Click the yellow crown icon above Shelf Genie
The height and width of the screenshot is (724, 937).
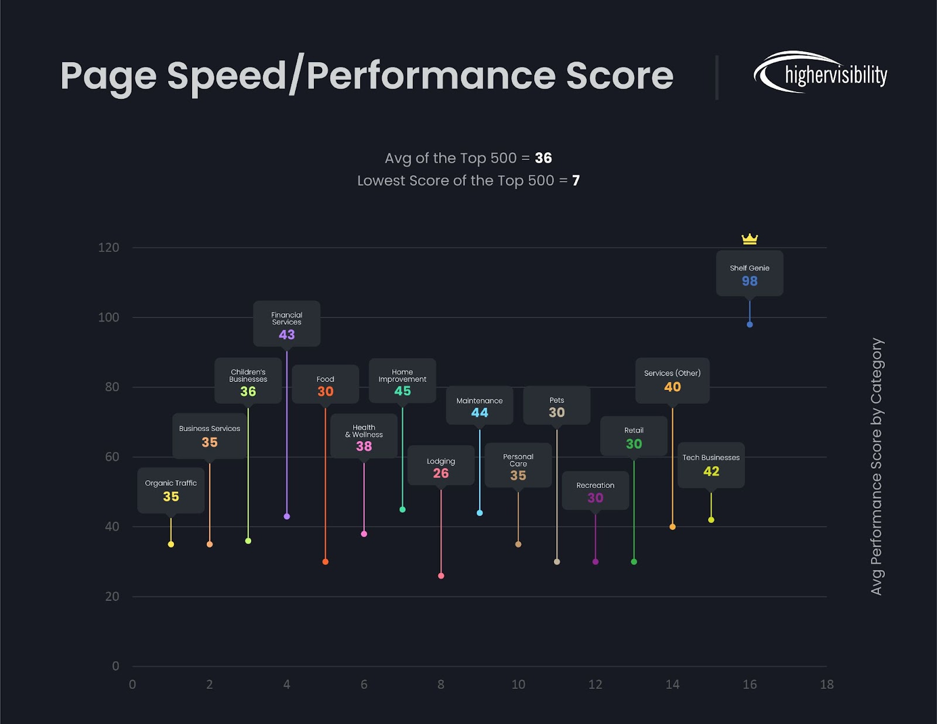(x=750, y=238)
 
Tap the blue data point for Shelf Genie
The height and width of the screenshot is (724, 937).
(x=750, y=325)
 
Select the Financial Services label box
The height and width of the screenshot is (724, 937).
(x=286, y=324)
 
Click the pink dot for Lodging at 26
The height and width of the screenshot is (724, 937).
(x=441, y=576)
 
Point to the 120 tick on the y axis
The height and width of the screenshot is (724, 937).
(x=109, y=248)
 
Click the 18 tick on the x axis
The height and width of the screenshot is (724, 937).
(x=826, y=684)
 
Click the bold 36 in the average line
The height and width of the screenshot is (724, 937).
(x=543, y=158)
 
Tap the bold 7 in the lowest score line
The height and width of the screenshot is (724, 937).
(x=576, y=180)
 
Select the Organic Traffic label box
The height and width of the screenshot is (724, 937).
(x=171, y=490)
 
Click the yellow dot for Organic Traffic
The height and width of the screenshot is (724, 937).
(x=171, y=544)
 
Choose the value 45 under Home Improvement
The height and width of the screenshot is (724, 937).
(x=402, y=391)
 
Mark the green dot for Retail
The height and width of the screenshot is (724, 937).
(x=634, y=562)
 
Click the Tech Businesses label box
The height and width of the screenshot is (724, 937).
(x=711, y=465)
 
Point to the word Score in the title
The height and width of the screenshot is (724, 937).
(x=620, y=76)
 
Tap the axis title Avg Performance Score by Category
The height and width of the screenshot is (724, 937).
(x=876, y=466)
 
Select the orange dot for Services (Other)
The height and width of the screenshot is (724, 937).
(x=672, y=527)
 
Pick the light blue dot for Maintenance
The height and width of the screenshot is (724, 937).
(x=480, y=513)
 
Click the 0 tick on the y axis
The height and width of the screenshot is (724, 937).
(x=115, y=666)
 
